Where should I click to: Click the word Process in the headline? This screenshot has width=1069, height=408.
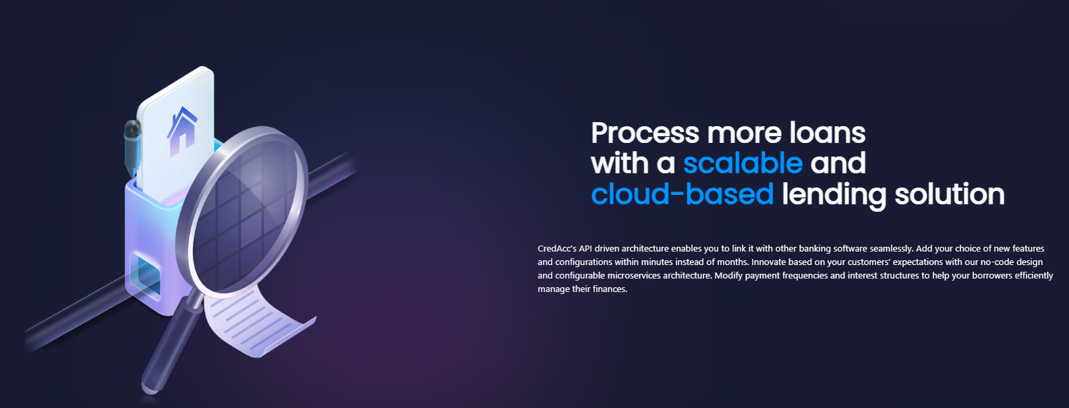645,133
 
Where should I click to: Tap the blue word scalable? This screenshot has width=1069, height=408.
743,163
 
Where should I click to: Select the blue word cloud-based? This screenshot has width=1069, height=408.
682,194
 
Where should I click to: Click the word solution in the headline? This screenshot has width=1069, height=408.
950,194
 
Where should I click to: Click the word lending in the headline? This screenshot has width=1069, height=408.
834,195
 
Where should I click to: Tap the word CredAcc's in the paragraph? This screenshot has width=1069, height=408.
556,249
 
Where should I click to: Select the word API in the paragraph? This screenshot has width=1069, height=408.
585,249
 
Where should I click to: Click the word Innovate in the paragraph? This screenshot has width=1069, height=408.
769,262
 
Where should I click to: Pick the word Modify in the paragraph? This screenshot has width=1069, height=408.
728,275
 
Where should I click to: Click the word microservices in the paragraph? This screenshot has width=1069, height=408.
633,275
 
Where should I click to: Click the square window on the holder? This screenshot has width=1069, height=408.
146,275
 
